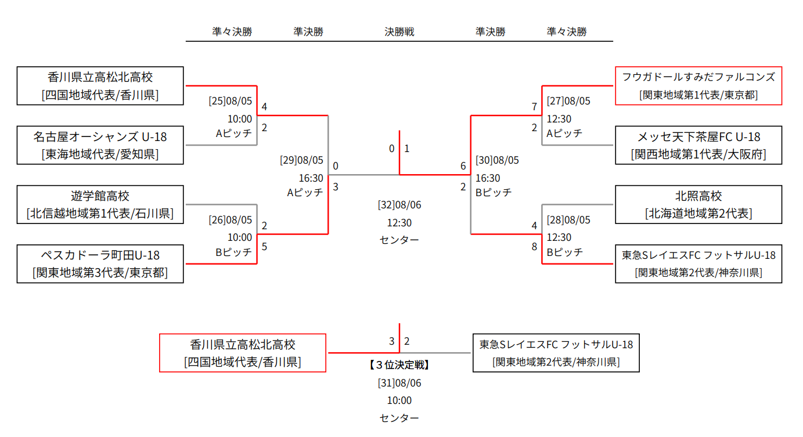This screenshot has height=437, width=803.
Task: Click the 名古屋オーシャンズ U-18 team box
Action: [x=100, y=145]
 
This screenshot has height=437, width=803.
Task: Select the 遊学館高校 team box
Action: [x=100, y=204]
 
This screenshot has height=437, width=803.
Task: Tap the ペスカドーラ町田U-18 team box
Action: [x=100, y=263]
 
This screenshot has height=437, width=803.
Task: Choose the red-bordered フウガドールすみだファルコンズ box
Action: [x=698, y=86]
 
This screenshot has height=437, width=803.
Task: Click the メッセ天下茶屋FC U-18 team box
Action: [x=698, y=145]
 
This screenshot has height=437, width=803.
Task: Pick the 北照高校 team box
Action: [x=698, y=204]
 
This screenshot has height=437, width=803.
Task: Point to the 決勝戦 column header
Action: [x=399, y=32]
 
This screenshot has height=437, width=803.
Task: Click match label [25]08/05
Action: [x=231, y=101]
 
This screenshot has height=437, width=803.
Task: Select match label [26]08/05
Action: [x=231, y=219]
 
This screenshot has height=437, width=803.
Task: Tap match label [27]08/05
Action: [x=568, y=101]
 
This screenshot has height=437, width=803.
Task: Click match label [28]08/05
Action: [x=568, y=219]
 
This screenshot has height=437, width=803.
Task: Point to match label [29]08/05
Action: [x=301, y=160]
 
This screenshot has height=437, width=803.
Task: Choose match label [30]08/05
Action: [x=497, y=160]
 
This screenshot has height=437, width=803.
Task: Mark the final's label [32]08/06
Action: [x=399, y=205]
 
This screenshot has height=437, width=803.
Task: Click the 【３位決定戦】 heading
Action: [x=399, y=365]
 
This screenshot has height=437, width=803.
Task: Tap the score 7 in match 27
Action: [x=534, y=107]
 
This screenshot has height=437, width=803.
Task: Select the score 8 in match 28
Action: [x=534, y=247]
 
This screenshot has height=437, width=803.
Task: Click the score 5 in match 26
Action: [x=265, y=247]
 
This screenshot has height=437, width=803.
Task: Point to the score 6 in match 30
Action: [x=463, y=167]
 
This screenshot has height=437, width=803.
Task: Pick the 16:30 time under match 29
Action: [x=311, y=178]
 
